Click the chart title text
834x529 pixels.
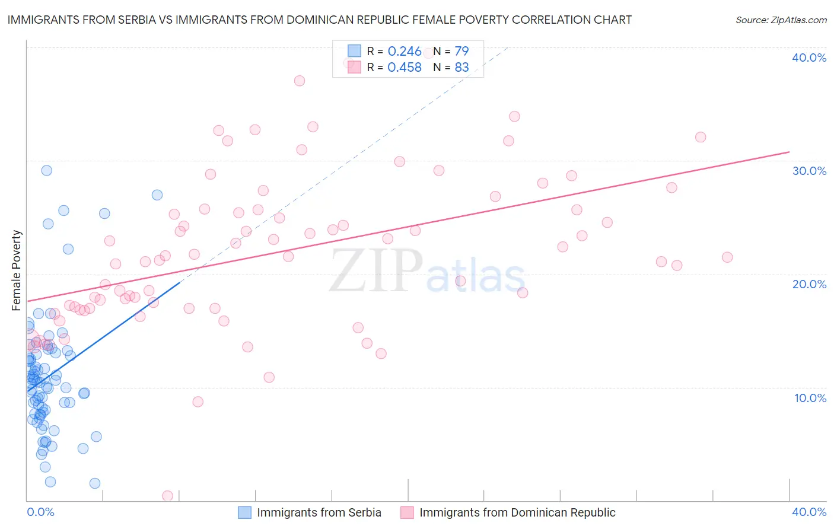[319, 20]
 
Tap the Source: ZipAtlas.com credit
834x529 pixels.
[781, 20]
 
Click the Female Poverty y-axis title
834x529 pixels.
[17, 270]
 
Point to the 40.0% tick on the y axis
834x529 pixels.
[809, 58]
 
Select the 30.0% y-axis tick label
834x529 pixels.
[809, 171]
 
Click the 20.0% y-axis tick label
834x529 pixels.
[809, 284]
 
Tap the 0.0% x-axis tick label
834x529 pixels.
[40, 512]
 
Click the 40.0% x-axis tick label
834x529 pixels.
[809, 512]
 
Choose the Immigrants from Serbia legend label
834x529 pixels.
[319, 512]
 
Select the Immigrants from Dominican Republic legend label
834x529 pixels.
[517, 512]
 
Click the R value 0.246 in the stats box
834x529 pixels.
[405, 52]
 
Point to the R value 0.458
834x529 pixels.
[405, 68]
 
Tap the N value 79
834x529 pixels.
[461, 52]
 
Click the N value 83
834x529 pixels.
[461, 68]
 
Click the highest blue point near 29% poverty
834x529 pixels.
[46, 170]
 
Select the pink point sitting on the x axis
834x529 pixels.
[167, 496]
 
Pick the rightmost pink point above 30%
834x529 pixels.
[701, 137]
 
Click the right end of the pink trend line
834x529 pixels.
[789, 152]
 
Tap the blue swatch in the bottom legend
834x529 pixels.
[244, 512]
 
